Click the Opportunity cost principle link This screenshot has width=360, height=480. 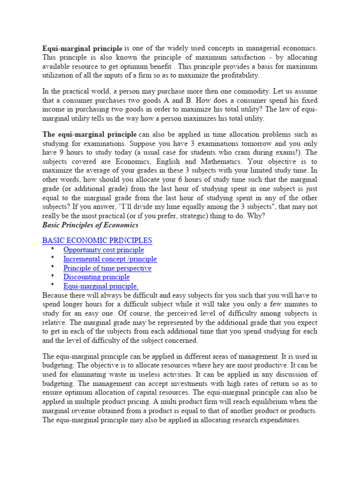click(x=104, y=250)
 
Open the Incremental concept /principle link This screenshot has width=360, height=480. click(x=110, y=259)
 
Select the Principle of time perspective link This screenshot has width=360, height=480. click(x=107, y=268)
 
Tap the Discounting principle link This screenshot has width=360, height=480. click(x=97, y=277)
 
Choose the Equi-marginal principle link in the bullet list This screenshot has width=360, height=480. click(x=101, y=286)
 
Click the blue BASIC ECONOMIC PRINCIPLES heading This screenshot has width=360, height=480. click(x=97, y=240)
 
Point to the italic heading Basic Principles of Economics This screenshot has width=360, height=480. click(x=90, y=225)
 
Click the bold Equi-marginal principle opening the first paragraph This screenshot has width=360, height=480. click(x=82, y=48)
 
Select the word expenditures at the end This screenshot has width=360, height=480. click(x=277, y=420)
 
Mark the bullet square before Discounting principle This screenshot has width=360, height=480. click(x=53, y=276)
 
